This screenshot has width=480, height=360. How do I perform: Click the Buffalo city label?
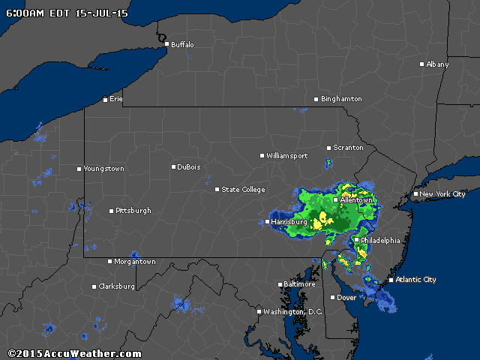(x=182, y=45)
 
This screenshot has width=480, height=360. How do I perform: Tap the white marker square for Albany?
(x=422, y=64)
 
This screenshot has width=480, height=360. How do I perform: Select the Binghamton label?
(x=342, y=99)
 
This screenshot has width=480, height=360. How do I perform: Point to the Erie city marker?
(x=106, y=99)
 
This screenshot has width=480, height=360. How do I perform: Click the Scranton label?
(x=348, y=148)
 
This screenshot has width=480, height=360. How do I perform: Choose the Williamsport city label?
(x=287, y=156)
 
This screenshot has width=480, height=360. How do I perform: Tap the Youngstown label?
(x=104, y=169)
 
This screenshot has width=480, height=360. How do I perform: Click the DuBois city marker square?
(x=173, y=167)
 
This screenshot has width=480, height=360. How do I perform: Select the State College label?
(x=243, y=190)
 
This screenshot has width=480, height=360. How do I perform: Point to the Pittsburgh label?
(x=133, y=211)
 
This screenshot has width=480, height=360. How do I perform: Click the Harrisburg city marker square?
(x=268, y=222)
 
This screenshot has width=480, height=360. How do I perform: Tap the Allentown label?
(x=356, y=200)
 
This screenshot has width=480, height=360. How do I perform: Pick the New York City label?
(x=442, y=194)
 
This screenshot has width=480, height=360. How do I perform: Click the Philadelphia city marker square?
(x=356, y=240)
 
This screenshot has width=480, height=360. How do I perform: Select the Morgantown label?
(x=136, y=262)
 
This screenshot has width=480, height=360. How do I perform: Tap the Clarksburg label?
(x=117, y=286)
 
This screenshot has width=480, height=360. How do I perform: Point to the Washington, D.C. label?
(x=292, y=311)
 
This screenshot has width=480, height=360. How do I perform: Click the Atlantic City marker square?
(x=391, y=280)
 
